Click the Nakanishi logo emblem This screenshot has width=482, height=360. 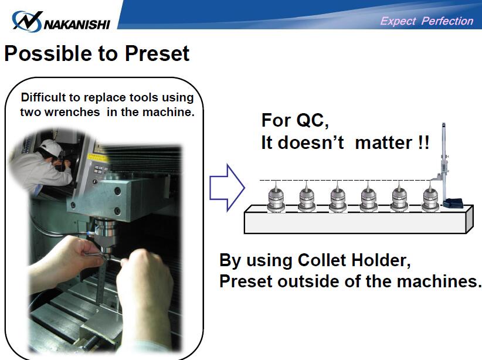(x=27, y=21)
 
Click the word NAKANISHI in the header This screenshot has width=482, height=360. (x=77, y=25)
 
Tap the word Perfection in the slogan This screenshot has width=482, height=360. (x=447, y=21)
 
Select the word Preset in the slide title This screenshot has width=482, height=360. (x=157, y=53)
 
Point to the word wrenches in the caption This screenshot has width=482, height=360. (x=72, y=112)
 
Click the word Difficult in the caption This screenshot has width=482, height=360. (x=43, y=97)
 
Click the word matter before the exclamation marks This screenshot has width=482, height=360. (x=383, y=143)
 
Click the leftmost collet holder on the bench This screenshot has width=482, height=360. (x=276, y=197)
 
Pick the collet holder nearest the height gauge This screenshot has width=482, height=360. (x=430, y=197)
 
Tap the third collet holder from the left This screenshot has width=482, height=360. (x=338, y=197)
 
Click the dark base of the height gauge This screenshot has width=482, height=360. (x=453, y=203)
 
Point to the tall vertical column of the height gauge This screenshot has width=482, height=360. (x=444, y=160)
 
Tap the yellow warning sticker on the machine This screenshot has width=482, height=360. (x=96, y=157)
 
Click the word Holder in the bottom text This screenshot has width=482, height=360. (x=381, y=261)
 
